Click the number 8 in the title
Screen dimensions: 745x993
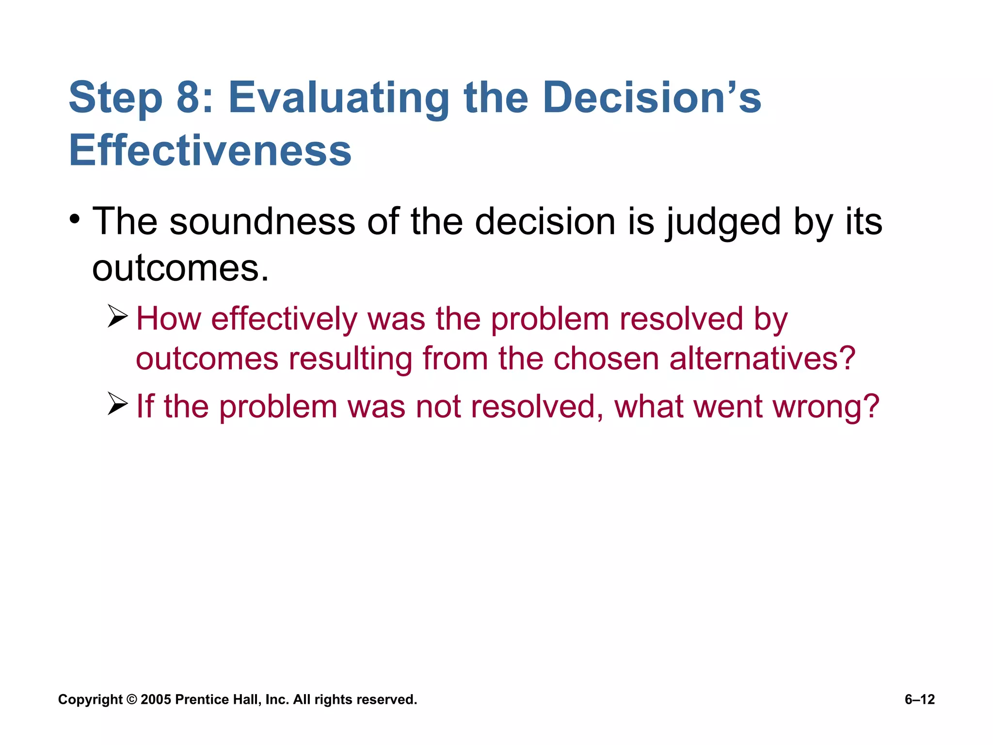[x=189, y=98]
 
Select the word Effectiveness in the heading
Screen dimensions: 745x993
[x=210, y=151]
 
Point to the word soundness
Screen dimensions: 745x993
[x=262, y=222]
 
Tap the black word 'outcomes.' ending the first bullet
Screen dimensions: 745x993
[x=180, y=269]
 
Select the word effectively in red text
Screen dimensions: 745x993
[x=284, y=320]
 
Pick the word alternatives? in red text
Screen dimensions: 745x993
[x=762, y=359]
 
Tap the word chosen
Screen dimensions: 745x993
[x=606, y=359]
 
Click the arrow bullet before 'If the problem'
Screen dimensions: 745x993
[x=117, y=404]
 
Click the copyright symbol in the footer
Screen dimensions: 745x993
[x=131, y=699]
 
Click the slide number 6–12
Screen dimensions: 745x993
[x=919, y=699]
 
